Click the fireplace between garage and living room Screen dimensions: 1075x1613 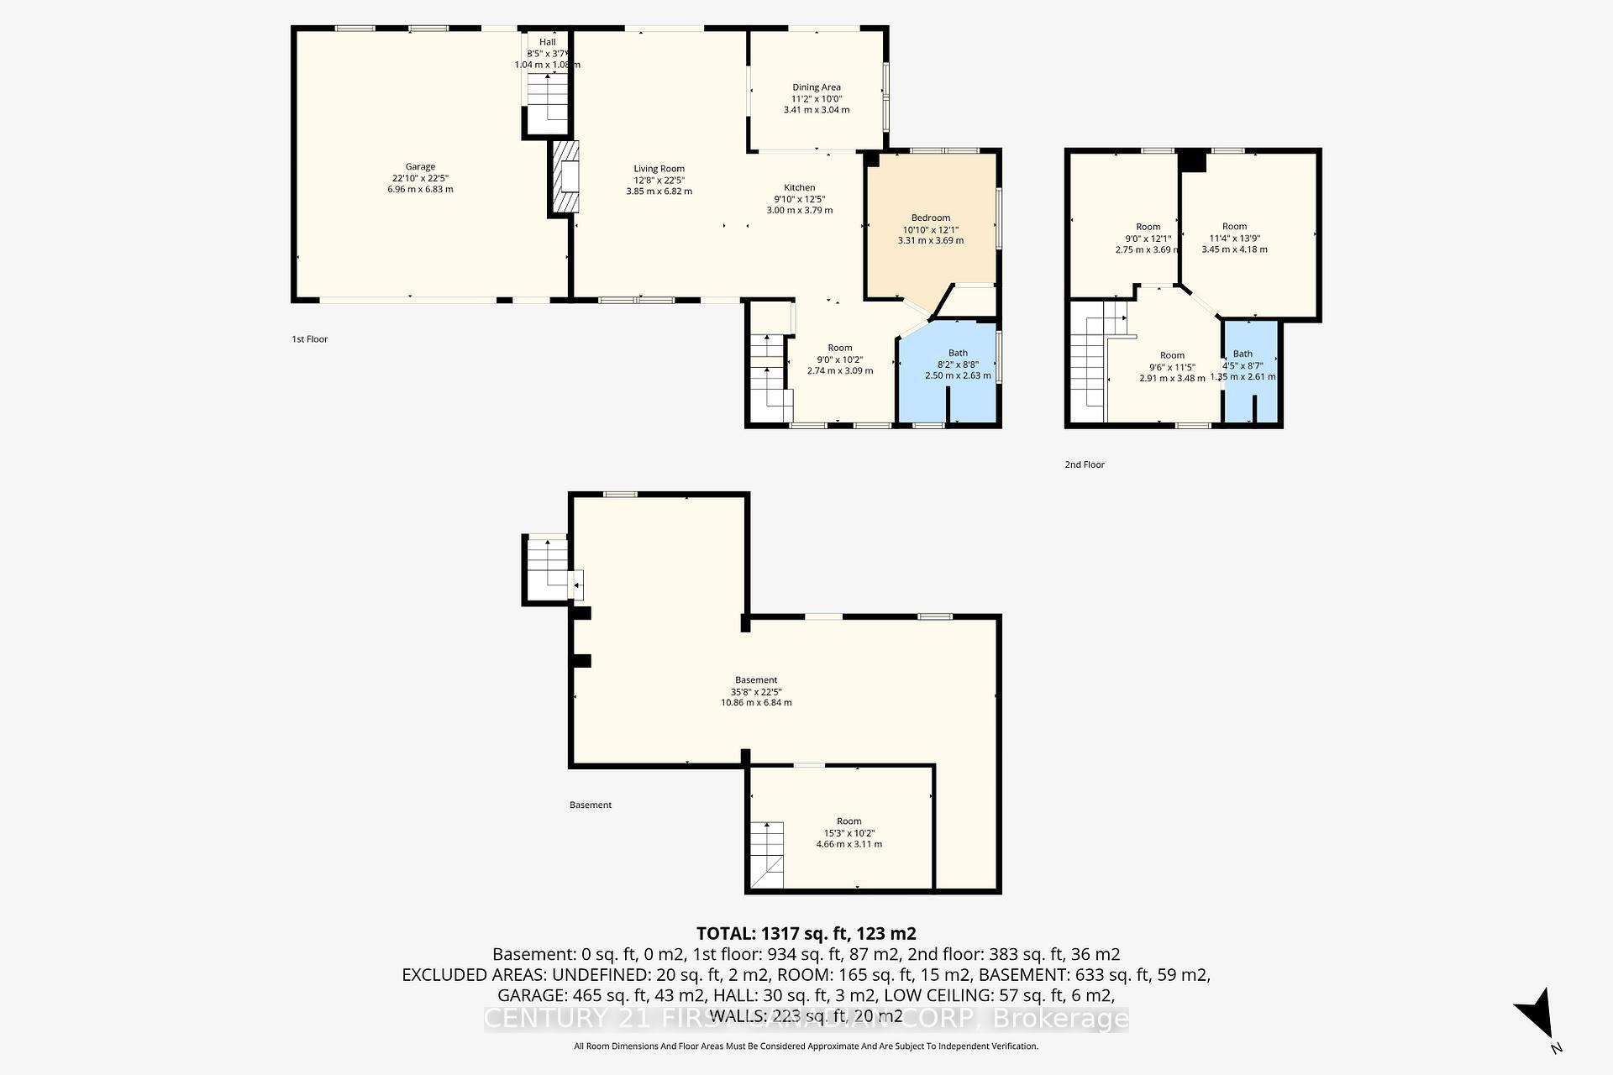tap(565, 178)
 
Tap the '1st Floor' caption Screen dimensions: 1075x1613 tap(309, 339)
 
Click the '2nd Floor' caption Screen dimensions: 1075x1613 tap(1084, 464)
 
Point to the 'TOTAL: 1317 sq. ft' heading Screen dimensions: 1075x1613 tap(806, 933)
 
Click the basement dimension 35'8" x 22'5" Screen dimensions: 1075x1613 tap(755, 692)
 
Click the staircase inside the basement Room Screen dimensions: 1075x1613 tap(766, 854)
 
